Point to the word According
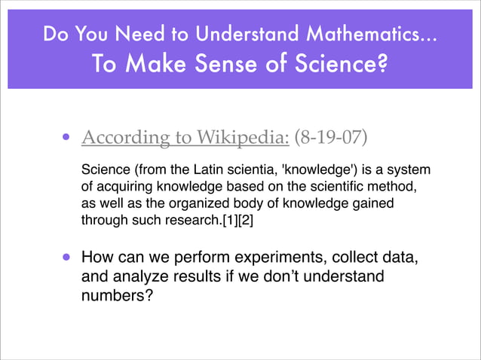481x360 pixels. (121, 138)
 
